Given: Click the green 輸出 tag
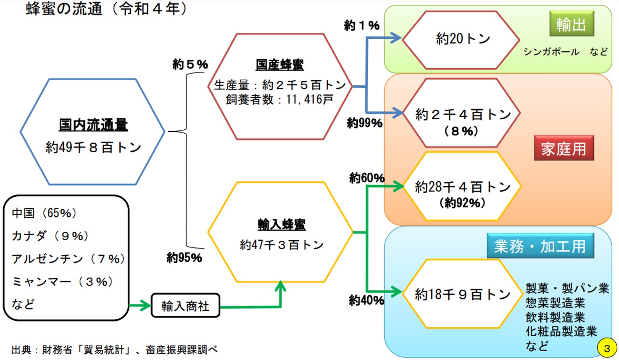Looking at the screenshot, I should (571, 24).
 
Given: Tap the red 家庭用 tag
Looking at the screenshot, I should (564, 148).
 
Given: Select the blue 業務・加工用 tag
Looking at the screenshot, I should (540, 246).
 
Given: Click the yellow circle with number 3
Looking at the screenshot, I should (606, 348).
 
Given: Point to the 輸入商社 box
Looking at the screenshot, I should (185, 305).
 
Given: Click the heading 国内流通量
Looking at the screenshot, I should (93, 124).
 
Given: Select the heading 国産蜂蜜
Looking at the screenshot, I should (279, 64).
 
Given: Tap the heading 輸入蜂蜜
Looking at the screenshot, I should (282, 224).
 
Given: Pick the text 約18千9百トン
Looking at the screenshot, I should (462, 294).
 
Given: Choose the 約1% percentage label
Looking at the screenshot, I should (361, 25).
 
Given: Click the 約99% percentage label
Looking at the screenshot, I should (364, 123).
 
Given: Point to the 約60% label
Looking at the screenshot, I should (366, 178).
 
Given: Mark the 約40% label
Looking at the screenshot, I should (366, 300).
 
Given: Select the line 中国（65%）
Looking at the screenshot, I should (44, 213).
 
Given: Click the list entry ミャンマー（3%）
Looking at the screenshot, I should (62, 281).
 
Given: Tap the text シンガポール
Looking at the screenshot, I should (551, 52).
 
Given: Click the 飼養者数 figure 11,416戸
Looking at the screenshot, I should (310, 99).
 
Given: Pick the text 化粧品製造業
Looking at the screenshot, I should (561, 331).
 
